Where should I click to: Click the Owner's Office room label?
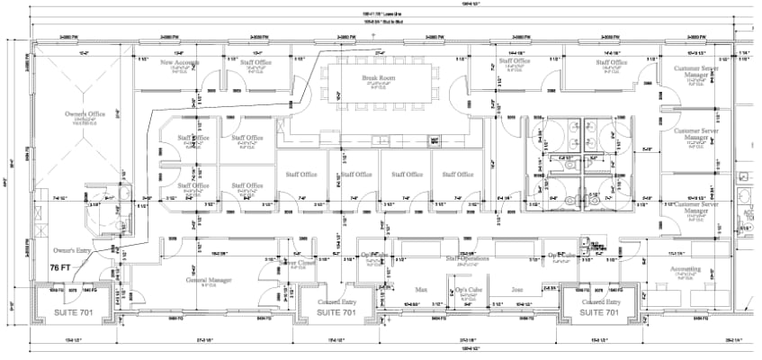click(x=86, y=114)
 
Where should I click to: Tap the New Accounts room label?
click(x=180, y=63)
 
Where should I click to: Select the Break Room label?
click(x=379, y=78)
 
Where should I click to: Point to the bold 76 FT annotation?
click(x=61, y=267)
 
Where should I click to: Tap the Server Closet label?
click(x=300, y=262)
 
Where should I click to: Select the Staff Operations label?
click(x=467, y=258)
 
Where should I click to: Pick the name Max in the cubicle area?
click(x=420, y=291)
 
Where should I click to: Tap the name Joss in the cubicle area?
click(x=516, y=291)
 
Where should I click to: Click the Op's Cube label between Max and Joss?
click(x=468, y=291)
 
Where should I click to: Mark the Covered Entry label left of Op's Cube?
click(x=335, y=303)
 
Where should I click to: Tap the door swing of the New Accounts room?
click(x=210, y=87)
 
